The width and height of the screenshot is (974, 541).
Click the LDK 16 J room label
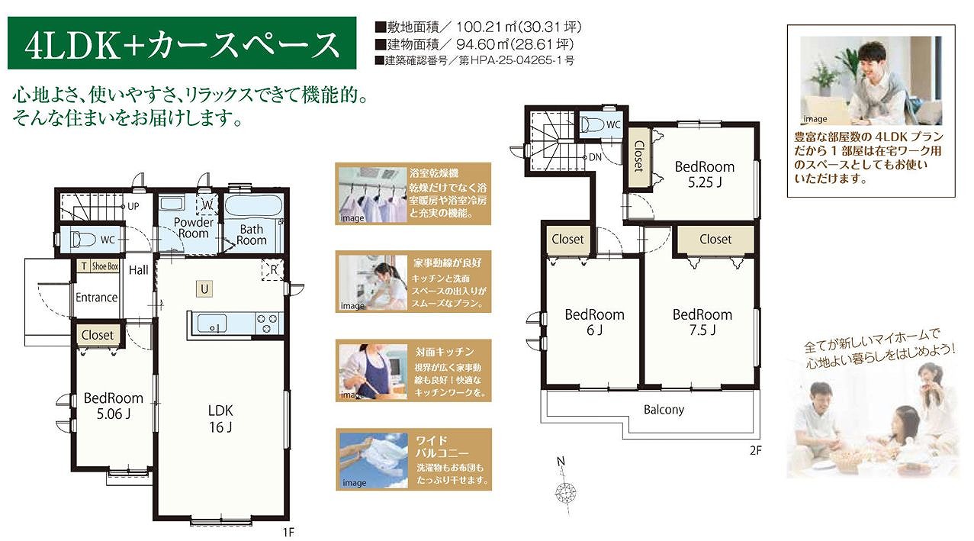220,418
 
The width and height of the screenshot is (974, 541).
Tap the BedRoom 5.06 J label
114,406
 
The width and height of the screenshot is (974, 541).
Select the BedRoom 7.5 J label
702,322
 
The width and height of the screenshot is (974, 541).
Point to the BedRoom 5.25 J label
705,175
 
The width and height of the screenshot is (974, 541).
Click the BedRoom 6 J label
594,322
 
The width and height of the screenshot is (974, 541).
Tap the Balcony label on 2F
664,410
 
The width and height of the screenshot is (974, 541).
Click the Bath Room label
252,234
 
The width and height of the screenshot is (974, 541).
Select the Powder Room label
194,227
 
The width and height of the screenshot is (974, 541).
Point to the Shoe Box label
104,266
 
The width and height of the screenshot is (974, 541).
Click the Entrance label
97,298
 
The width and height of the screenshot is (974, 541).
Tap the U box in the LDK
204,289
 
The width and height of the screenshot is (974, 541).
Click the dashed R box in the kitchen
272,269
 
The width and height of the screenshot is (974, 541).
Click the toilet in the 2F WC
592,125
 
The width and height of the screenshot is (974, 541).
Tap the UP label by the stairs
133,206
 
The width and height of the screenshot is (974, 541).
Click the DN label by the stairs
595,157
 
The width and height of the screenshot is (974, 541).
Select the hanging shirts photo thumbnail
373,195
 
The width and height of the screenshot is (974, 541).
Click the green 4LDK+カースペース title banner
182,43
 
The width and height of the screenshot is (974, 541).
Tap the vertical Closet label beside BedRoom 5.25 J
638,156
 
